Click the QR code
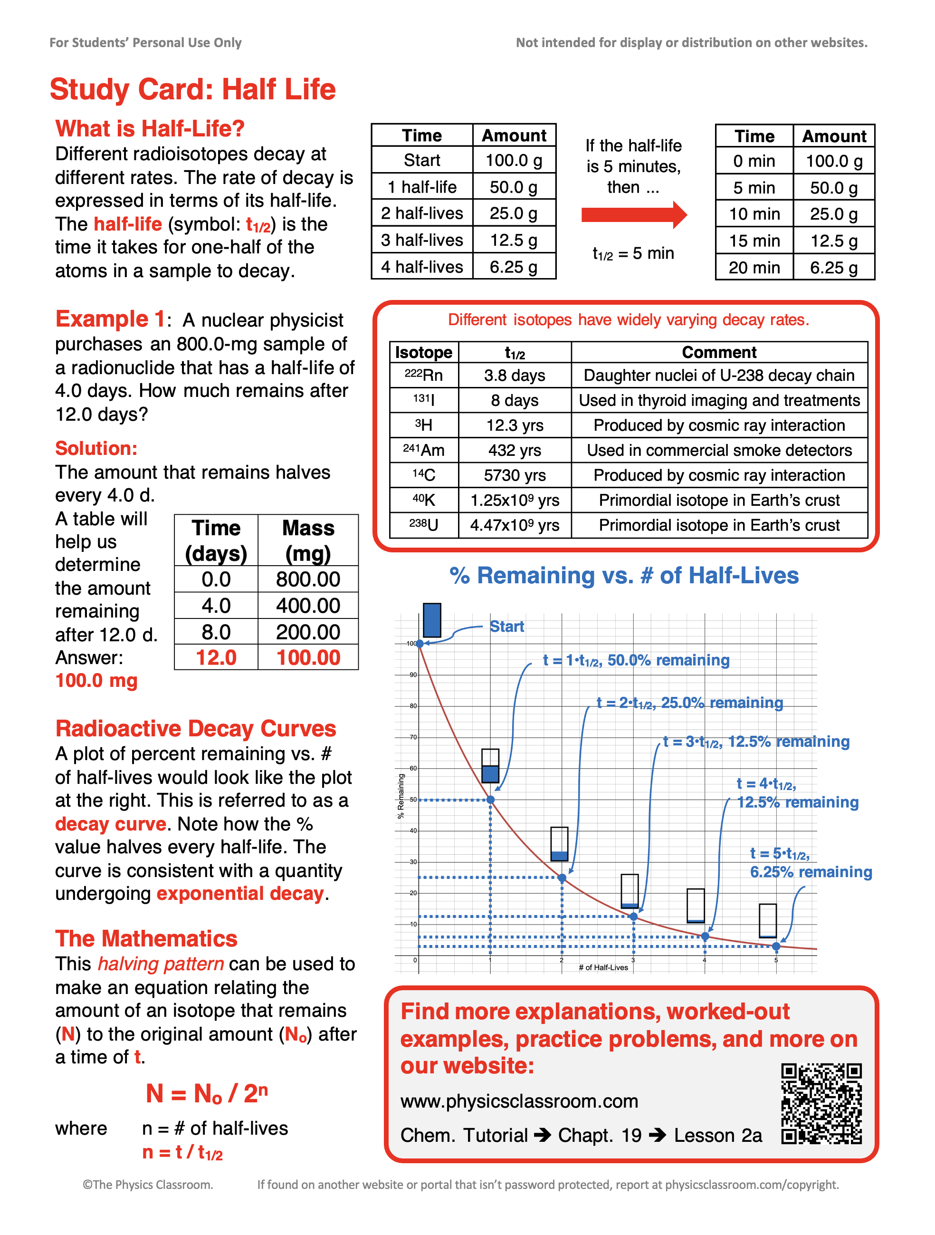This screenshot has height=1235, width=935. tap(821, 1103)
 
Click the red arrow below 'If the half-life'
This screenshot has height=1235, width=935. tap(634, 215)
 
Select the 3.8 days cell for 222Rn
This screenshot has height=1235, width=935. tap(515, 375)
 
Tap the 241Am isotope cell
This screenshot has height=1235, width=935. tap(423, 450)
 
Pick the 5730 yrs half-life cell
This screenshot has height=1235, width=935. tap(515, 475)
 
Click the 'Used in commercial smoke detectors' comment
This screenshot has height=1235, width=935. tap(719, 450)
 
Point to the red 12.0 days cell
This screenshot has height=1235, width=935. tap(216, 658)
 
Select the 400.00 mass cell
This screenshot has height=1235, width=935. tap(308, 606)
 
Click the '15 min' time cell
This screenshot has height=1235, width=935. tap(754, 241)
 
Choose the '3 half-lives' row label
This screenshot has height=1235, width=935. tap(422, 240)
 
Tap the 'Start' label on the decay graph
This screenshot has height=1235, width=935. tap(506, 627)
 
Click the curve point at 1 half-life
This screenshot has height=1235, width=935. tap(490, 800)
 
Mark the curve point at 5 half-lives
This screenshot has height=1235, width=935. tap(776, 946)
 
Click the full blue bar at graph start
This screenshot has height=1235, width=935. tap(432, 620)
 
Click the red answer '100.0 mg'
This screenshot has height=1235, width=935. tap(96, 681)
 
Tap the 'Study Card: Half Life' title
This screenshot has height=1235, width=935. tap(192, 89)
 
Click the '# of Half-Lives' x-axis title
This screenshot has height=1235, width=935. tap(603, 967)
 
